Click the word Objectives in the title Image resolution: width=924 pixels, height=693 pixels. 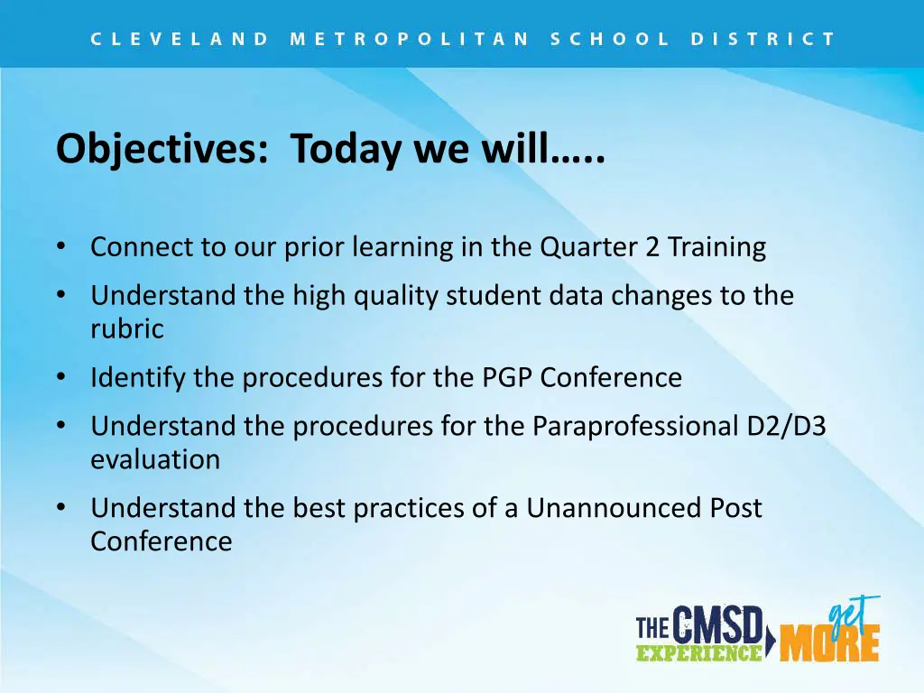pyautogui.click(x=162, y=149)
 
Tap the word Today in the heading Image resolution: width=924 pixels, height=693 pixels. pyautogui.click(x=346, y=149)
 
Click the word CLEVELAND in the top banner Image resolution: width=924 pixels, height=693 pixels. pyautogui.click(x=180, y=40)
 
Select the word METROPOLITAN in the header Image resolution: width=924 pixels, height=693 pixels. pyautogui.click(x=411, y=40)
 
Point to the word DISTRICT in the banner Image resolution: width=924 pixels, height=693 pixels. pyautogui.click(x=763, y=40)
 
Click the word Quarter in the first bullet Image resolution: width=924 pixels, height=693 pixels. pyautogui.click(x=588, y=247)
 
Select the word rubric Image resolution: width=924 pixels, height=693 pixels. pyautogui.click(x=127, y=328)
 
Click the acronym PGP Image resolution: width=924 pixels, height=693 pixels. pyautogui.click(x=507, y=378)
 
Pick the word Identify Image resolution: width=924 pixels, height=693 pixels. pyautogui.click(x=138, y=378)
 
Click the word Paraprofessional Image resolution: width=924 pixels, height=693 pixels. pyautogui.click(x=635, y=427)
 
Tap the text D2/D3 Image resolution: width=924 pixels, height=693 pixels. pyautogui.click(x=786, y=426)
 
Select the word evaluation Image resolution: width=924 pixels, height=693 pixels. pyautogui.click(x=155, y=459)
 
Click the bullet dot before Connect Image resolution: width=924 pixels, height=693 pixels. pyautogui.click(x=61, y=246)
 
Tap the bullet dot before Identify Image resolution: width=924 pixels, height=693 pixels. pyautogui.click(x=61, y=377)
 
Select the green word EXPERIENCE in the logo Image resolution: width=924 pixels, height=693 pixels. pyautogui.click(x=699, y=653)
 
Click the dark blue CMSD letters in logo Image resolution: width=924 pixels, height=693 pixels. pyautogui.click(x=716, y=624)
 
